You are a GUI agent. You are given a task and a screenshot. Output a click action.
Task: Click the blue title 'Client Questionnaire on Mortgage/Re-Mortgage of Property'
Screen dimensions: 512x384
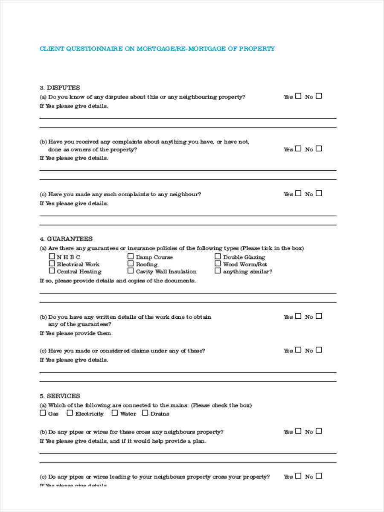(x=157, y=49)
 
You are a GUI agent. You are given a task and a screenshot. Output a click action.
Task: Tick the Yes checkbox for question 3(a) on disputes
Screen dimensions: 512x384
(x=298, y=96)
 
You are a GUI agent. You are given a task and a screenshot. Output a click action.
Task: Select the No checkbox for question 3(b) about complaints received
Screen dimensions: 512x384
(x=319, y=148)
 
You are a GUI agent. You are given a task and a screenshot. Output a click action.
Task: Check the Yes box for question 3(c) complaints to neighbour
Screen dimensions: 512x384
(x=298, y=193)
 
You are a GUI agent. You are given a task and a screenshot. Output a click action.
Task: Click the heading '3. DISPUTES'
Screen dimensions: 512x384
(x=60, y=87)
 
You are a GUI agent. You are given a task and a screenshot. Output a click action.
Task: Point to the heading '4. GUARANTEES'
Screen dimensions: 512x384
(x=66, y=239)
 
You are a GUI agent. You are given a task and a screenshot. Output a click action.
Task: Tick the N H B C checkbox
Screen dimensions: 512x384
(x=52, y=256)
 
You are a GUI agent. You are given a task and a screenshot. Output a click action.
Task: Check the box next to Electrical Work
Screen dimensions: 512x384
(x=52, y=264)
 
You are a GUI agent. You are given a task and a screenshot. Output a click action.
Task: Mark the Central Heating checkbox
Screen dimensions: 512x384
(x=52, y=271)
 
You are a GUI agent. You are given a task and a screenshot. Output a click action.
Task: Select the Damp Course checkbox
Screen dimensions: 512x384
(x=131, y=256)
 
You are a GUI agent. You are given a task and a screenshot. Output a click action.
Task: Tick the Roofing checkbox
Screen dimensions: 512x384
(x=131, y=264)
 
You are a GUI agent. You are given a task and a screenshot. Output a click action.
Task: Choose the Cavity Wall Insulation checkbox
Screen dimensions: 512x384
(x=131, y=271)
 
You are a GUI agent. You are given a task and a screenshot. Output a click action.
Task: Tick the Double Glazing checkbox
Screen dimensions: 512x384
(x=218, y=256)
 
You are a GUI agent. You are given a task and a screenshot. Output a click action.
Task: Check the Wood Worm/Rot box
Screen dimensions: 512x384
(x=218, y=264)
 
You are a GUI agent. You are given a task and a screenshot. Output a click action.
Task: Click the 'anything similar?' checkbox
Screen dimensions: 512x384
(x=218, y=271)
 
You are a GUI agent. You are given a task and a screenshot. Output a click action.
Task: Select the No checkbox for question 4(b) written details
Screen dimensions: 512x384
(x=319, y=316)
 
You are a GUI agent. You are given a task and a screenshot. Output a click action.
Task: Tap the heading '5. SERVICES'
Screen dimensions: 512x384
(x=60, y=396)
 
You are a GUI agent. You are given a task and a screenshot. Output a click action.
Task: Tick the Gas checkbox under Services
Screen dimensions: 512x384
(x=43, y=413)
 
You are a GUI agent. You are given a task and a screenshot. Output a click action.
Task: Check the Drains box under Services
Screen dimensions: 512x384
(x=145, y=413)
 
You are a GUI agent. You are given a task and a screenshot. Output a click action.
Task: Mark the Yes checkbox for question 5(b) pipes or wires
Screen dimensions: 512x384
(x=298, y=431)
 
